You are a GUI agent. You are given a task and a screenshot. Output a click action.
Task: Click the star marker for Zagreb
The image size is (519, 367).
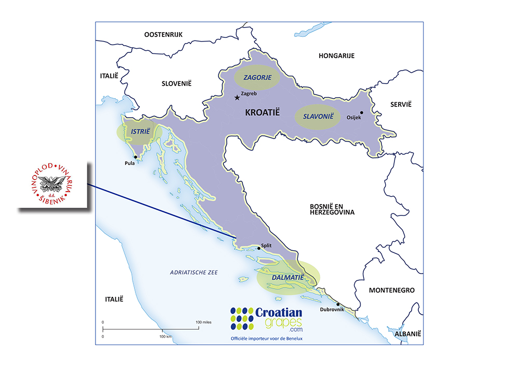[237, 97]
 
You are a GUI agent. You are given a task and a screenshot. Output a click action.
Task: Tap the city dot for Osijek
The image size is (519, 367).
[362, 112]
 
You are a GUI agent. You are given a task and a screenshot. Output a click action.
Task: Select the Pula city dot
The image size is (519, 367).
[135, 157]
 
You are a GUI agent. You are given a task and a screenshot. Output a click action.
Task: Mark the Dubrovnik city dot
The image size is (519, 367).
[338, 304]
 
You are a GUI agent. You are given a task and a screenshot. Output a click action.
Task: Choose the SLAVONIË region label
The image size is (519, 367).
[318, 117]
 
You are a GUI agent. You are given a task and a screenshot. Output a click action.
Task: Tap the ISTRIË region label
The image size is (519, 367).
[140, 132]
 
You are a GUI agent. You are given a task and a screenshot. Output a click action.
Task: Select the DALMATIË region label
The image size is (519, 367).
[287, 278]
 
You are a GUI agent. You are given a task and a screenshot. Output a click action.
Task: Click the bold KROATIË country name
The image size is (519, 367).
[262, 112]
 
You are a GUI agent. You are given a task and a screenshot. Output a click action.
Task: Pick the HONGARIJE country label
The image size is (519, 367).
[336, 56]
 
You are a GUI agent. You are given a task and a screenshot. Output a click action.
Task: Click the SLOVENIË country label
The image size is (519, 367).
[176, 83]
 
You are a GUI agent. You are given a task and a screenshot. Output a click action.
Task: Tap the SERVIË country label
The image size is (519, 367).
[401, 104]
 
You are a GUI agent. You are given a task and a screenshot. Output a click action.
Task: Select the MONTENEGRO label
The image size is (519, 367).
[391, 291]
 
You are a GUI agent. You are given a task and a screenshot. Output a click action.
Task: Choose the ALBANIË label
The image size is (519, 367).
[408, 334]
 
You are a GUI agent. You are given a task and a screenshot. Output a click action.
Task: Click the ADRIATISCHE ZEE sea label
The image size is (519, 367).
[195, 273]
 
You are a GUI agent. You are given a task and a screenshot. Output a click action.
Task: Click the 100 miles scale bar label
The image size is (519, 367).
[203, 322]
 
